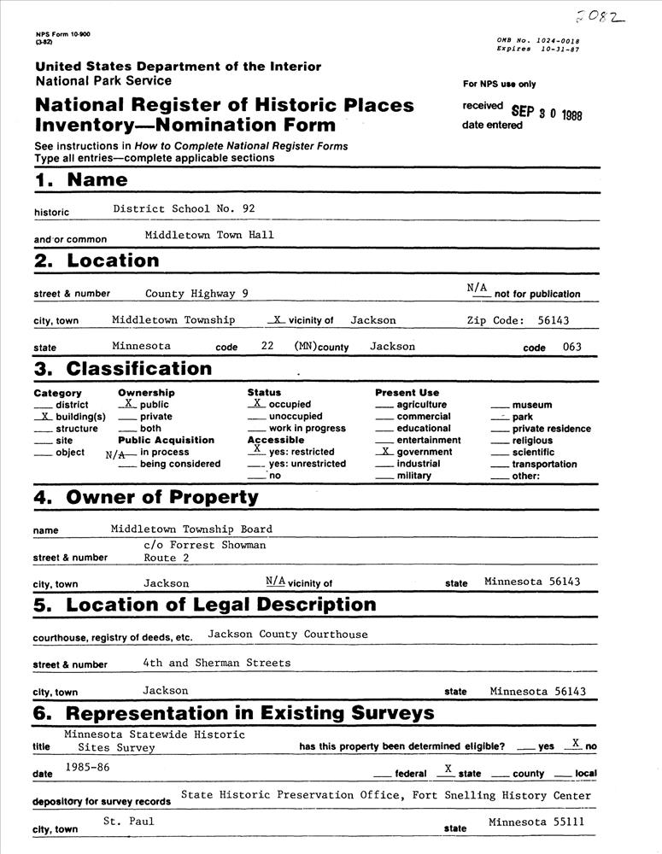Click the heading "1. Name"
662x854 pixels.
coord(81,180)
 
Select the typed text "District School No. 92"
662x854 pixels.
coord(184,208)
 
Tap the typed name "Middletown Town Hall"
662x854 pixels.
coord(209,235)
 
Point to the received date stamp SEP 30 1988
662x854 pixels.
coord(547,113)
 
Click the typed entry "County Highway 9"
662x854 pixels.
coord(196,293)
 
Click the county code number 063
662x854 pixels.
coord(571,348)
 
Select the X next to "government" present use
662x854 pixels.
coord(386,452)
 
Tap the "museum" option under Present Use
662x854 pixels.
coord(531,405)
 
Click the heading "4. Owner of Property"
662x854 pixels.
coord(146,497)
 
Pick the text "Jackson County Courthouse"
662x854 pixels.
coord(288,635)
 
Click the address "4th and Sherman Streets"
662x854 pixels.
coord(217,663)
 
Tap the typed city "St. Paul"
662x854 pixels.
coord(128,822)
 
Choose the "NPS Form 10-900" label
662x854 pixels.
coord(63,33)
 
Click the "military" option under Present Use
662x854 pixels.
coord(413,476)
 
